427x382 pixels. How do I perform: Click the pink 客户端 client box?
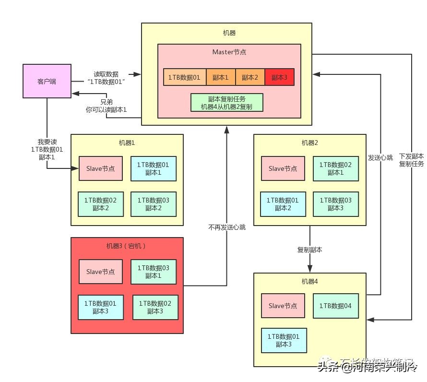point(47,82)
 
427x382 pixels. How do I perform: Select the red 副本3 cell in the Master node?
point(279,77)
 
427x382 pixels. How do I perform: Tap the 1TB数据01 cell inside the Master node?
point(185,77)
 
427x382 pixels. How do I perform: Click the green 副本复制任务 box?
point(226,103)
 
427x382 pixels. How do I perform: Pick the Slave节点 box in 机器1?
point(100,168)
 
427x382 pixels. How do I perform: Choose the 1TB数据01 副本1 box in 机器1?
point(153,168)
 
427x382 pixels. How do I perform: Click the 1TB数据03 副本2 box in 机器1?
point(153,203)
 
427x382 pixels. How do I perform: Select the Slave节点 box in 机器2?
point(283,168)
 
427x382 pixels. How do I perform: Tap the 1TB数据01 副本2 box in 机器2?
point(283,203)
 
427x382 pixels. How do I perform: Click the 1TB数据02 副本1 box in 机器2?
point(335,168)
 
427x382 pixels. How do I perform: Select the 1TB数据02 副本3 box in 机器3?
point(155,307)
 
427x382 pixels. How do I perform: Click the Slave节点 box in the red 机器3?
point(100,272)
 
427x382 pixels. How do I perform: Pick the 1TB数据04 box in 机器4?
point(335,306)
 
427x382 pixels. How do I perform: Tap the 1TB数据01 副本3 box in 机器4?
point(284,340)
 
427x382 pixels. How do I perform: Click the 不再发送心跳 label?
point(226,227)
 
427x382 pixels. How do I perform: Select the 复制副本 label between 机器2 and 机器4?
point(309,250)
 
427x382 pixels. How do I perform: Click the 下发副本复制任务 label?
point(411,160)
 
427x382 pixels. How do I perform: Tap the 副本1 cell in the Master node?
point(221,77)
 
